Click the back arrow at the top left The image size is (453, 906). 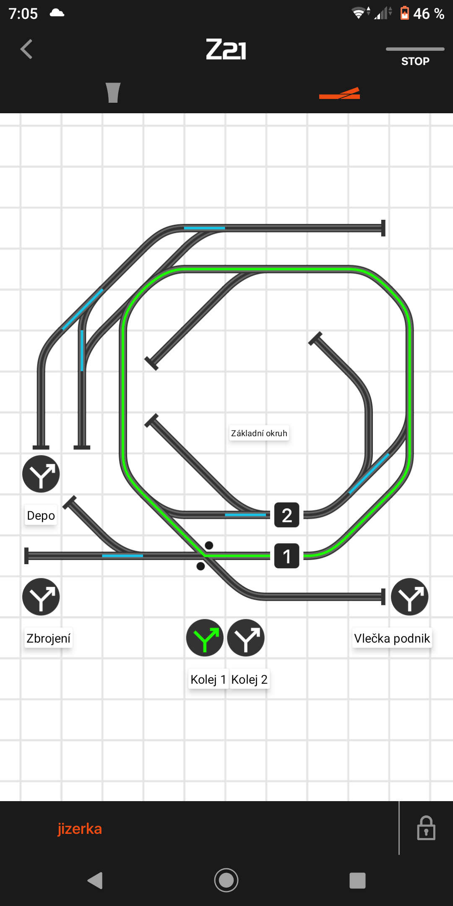[x=26, y=49]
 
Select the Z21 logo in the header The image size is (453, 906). [x=226, y=49]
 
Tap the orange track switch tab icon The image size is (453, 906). [x=339, y=94]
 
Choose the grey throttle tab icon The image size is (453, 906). [x=113, y=93]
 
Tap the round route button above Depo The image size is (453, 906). [x=41, y=474]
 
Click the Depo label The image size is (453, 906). [x=41, y=515]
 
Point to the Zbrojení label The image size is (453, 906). [x=48, y=638]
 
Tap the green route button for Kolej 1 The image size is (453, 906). [x=205, y=638]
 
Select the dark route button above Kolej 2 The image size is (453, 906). [x=246, y=638]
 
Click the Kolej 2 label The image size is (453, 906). [x=249, y=679]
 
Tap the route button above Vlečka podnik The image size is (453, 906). [x=409, y=597]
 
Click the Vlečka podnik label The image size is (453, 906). [x=392, y=638]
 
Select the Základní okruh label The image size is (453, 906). [x=259, y=433]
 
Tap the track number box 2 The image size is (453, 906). [x=287, y=515]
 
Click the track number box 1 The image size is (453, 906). [x=287, y=556]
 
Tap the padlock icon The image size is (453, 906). [x=426, y=828]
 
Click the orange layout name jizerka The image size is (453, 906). [x=80, y=829]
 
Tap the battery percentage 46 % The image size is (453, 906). [x=428, y=14]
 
